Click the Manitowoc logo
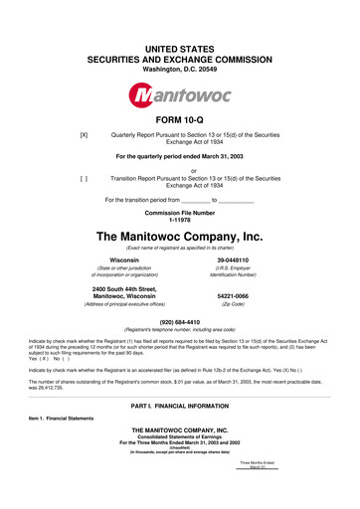pyautogui.click(x=180, y=96)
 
